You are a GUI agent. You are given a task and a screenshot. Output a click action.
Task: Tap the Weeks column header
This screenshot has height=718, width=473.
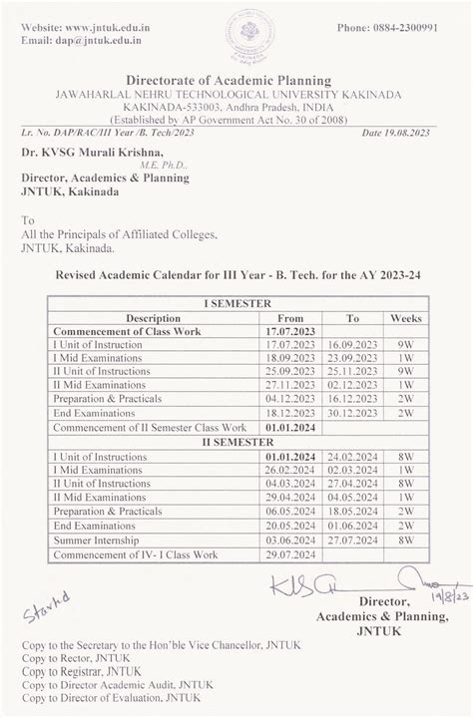point(406,318)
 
